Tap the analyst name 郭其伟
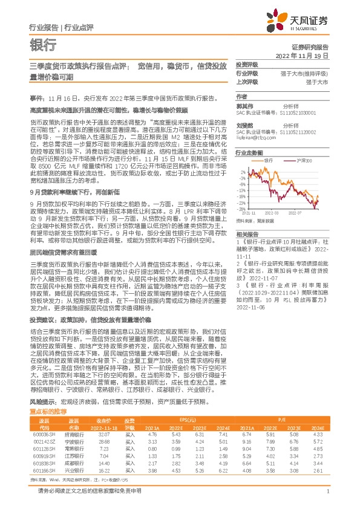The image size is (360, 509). pyautogui.click(x=244, y=105)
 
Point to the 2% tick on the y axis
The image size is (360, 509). pyautogui.click(x=242, y=172)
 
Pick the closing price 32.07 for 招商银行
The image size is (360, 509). pyautogui.click(x=103, y=418)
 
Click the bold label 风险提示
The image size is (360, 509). pyautogui.click(x=42, y=384)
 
